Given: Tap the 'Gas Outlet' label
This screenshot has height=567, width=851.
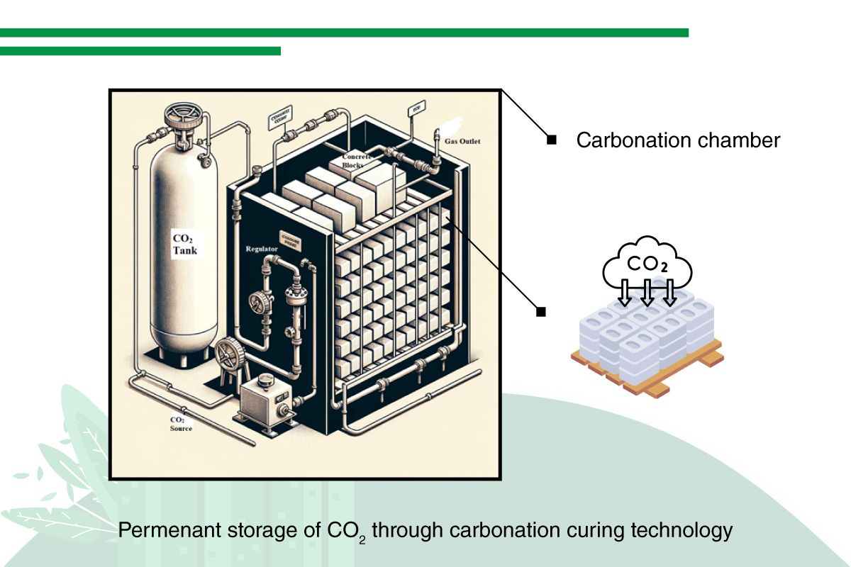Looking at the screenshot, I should tap(462, 142).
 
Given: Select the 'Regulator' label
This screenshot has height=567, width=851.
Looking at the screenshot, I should tap(260, 249).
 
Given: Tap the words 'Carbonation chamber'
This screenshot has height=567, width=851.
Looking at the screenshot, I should tap(678, 140).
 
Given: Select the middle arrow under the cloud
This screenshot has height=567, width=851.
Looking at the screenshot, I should tap(646, 293).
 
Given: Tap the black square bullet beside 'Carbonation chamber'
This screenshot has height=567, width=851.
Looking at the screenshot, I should tap(551, 140).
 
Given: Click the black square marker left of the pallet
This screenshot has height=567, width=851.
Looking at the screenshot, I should tap(541, 311).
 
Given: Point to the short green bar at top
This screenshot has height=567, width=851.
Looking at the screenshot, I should tap(140, 51).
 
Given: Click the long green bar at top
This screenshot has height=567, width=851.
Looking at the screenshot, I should tap(344, 33).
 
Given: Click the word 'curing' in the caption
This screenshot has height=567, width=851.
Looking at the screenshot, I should tap(579, 529).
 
